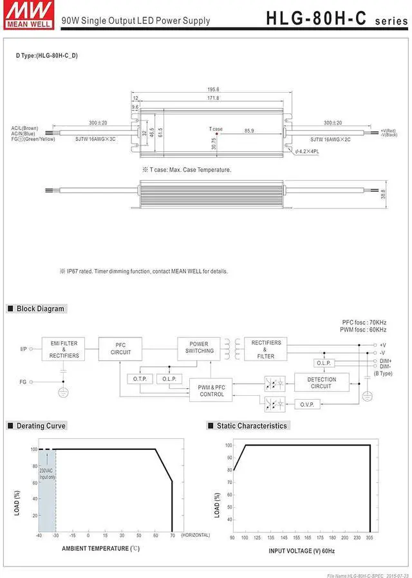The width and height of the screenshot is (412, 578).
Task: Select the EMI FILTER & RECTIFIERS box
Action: [64, 350]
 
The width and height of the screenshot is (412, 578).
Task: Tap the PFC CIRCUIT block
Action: [120, 348]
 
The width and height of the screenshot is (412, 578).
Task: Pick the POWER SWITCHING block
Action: [200, 348]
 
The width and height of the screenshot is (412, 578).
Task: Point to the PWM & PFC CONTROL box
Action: [211, 390]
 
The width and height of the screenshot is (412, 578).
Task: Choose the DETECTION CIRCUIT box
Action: [321, 383]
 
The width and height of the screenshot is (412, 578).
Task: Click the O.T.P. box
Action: [140, 378]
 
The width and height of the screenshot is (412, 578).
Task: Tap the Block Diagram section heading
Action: [40, 309]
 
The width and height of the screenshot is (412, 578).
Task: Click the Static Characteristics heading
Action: [251, 425]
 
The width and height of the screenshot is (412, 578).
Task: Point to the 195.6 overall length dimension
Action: [213, 89]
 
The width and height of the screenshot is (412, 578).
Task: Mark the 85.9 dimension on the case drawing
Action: [248, 131]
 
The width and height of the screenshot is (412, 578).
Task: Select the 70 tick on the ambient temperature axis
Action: [172, 535]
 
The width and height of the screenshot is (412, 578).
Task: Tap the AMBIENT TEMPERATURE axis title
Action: [100, 548]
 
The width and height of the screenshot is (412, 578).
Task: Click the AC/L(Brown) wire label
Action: [24, 127]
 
